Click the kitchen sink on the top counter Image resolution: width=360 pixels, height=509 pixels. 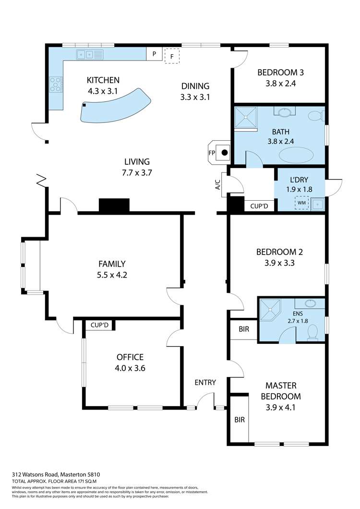[x=90, y=55]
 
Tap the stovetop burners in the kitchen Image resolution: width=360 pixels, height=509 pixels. [x=56, y=84]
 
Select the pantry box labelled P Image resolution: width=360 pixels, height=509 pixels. [x=154, y=54]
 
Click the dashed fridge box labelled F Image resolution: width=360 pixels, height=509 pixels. [x=172, y=56]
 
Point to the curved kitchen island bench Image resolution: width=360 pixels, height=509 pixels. [x=116, y=106]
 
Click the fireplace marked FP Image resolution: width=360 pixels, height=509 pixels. [x=219, y=152]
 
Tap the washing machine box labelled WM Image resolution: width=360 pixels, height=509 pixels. [x=301, y=203]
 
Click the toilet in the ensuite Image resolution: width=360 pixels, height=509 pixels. [x=312, y=333]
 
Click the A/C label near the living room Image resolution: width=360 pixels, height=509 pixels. [x=218, y=185]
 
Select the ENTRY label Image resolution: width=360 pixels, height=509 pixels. [x=205, y=382]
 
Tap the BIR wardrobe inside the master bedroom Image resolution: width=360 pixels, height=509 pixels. [x=240, y=419]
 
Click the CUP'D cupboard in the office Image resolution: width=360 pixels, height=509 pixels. [x=99, y=325]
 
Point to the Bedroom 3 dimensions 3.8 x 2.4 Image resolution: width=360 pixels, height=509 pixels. [x=280, y=84]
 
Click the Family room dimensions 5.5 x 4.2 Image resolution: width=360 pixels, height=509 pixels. [x=112, y=275]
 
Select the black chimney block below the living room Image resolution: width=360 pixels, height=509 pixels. [x=114, y=205]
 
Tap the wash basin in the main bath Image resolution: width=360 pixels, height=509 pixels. [x=284, y=112]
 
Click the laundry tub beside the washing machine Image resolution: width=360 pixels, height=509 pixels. [x=317, y=204]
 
